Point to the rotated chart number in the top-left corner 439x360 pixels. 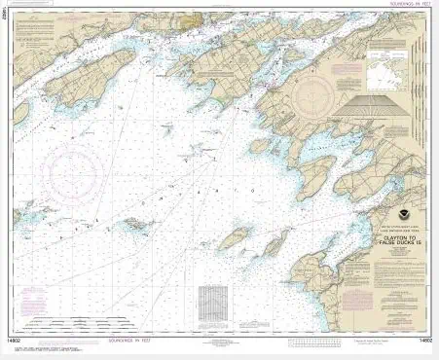pos(8,13)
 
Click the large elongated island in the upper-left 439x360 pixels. pos(92,74)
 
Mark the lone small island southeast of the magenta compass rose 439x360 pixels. pos(140,224)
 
